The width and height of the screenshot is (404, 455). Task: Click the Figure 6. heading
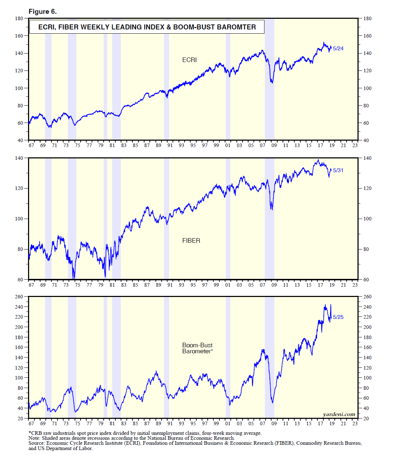click(43, 12)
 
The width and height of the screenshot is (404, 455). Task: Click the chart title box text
click(147, 27)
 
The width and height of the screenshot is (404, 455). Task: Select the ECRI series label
click(189, 60)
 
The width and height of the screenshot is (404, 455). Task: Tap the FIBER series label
click(191, 241)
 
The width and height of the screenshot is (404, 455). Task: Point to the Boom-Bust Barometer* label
click(197, 348)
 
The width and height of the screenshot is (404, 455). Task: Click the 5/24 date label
click(338, 49)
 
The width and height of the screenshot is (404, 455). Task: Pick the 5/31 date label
click(338, 170)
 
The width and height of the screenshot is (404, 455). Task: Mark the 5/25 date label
click(338, 317)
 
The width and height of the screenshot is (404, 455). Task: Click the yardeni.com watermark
click(339, 414)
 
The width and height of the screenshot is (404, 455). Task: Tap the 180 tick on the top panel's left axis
click(19, 18)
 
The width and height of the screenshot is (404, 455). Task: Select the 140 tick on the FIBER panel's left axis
click(19, 158)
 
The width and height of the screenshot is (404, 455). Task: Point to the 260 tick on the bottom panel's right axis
click(367, 297)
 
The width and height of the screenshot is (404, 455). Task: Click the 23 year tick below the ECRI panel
click(355, 145)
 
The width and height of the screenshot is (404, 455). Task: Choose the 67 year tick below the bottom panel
click(31, 423)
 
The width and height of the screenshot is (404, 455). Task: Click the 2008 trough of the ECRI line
click(272, 83)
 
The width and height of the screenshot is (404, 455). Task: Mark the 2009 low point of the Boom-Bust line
click(272, 403)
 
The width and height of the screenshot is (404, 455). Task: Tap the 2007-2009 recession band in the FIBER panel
click(269, 220)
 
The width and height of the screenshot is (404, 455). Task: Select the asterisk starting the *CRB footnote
click(30, 433)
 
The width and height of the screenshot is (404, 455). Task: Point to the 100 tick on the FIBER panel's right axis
click(367, 219)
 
